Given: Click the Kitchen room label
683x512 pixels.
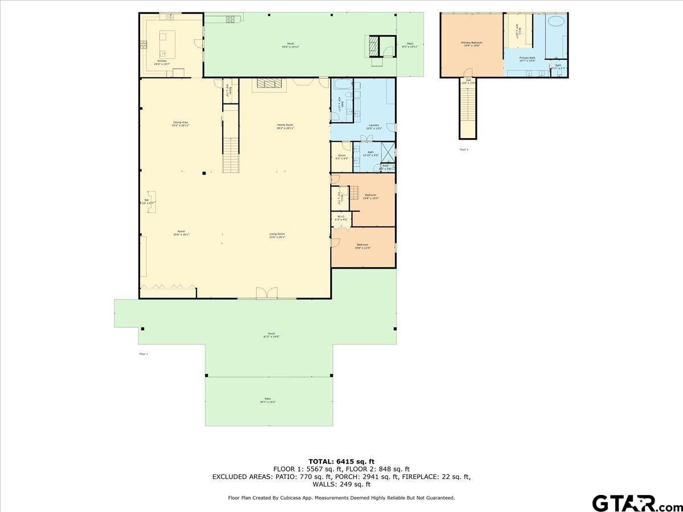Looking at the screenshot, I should click(162, 62).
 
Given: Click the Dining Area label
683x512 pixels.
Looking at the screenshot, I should click(180, 124).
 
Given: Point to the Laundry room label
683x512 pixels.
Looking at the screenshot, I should click(374, 126).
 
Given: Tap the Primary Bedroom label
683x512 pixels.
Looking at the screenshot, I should click(471, 44).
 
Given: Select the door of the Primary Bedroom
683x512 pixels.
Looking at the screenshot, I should click(468, 73).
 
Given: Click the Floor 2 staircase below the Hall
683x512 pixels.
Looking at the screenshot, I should click(468, 111).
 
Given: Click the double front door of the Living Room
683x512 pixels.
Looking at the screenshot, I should click(266, 293).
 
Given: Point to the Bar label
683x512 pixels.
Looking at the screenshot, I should click(146, 201).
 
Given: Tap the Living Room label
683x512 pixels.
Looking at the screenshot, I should click(277, 235).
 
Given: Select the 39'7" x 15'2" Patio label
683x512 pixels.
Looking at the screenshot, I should click(267, 400).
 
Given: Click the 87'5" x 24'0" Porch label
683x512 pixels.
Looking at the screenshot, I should click(271, 335).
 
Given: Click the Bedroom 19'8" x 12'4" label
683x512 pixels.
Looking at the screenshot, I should click(363, 246).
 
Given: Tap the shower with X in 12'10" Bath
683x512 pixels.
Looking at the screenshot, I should click(387, 152).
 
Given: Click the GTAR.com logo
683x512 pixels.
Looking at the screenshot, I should click(632, 503).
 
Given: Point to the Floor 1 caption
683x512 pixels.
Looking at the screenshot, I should click(143, 354).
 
